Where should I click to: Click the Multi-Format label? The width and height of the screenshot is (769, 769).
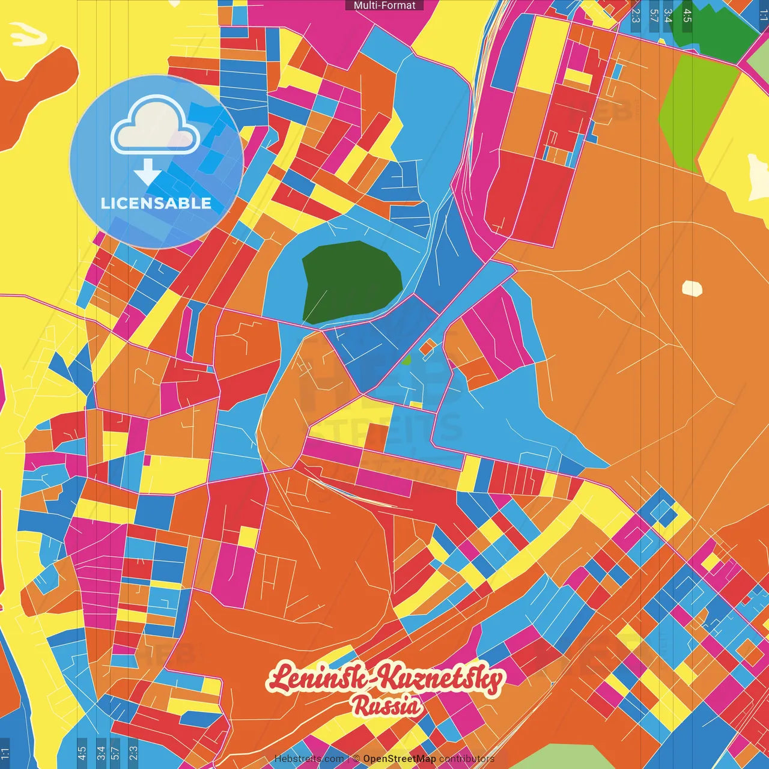[384, 5]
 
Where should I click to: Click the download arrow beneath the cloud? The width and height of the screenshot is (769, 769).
[147, 172]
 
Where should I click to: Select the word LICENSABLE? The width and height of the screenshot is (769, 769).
[156, 203]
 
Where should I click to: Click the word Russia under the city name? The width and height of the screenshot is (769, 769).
[387, 706]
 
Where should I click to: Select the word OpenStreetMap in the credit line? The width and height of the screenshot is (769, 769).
[400, 759]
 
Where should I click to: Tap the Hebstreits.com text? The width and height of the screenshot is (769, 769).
[309, 759]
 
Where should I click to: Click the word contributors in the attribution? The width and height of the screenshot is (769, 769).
[466, 759]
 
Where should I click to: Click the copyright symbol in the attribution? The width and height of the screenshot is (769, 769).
[356, 759]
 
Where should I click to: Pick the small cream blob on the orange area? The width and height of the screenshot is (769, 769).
[692, 289]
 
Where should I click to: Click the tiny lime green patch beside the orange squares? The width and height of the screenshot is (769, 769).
[407, 360]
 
